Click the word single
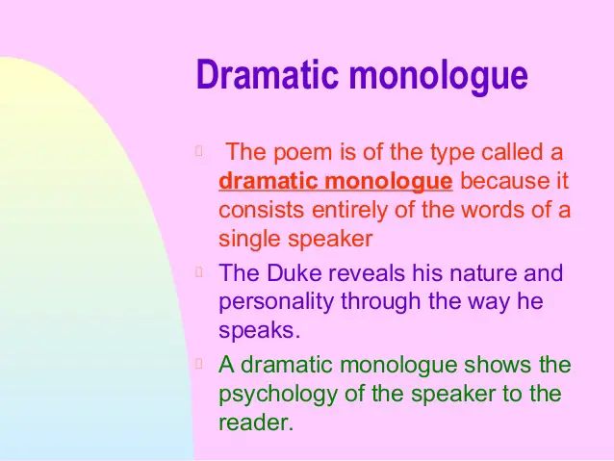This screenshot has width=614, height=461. coord(249,240)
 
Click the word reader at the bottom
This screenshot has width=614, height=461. coord(253,422)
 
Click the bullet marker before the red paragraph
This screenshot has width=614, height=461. coord(198,150)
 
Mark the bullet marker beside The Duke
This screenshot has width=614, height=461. coord(198,271)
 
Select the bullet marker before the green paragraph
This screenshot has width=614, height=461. coord(198,364)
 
